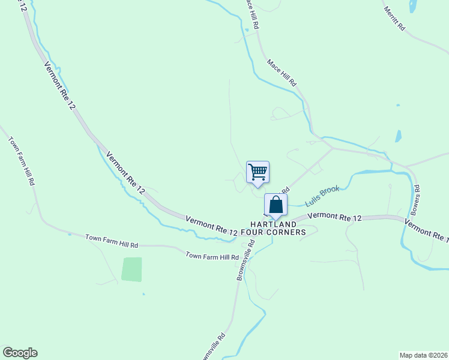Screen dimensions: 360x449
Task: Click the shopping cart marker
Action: (x=258, y=173)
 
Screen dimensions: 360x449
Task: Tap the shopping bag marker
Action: (x=276, y=205)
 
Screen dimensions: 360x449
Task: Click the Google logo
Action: (x=20, y=353)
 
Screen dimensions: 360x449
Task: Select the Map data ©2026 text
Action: (x=423, y=355)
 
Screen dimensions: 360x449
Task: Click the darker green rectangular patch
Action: (x=132, y=269)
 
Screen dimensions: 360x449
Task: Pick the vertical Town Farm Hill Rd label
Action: (x=22, y=161)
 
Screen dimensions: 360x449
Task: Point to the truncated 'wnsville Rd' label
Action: (x=214, y=346)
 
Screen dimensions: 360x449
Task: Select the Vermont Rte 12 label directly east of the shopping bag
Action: (x=334, y=217)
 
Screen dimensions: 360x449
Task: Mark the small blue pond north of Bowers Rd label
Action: (x=398, y=136)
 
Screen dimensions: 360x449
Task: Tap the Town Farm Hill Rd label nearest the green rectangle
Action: (x=112, y=241)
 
